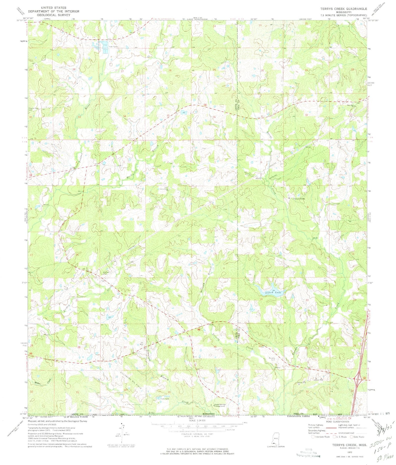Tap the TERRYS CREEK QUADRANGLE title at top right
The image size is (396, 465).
[x=343, y=9]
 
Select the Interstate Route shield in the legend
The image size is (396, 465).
[x=313, y=437]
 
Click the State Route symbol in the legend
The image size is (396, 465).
[x=352, y=437]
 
